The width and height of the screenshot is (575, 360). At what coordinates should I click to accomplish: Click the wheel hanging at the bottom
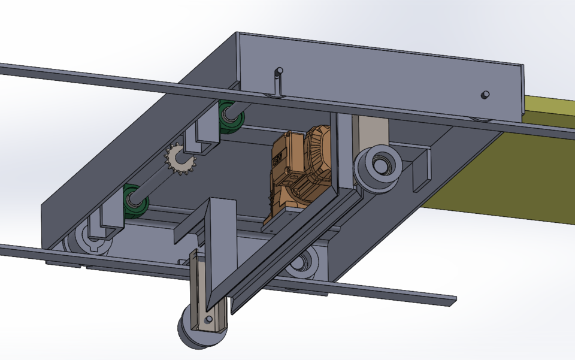pyautogui.click(x=199, y=333)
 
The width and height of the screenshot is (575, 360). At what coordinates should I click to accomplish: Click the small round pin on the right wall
pyautogui.click(x=486, y=94)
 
